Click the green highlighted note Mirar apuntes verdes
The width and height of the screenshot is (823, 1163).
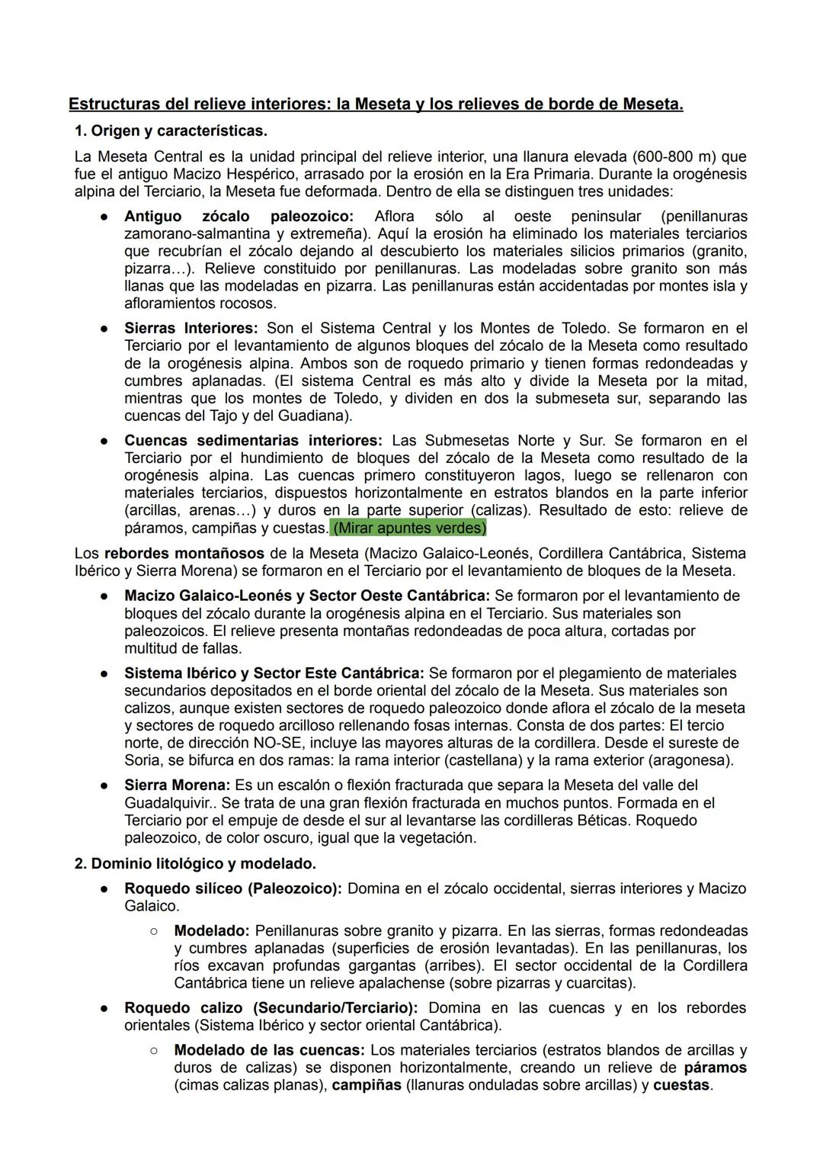[409, 528]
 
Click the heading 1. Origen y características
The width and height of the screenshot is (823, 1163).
[171, 131]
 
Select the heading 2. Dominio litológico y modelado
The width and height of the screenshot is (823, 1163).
[195, 863]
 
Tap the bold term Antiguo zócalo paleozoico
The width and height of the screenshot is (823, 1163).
[239, 216]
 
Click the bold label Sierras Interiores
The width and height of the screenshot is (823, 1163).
[191, 328]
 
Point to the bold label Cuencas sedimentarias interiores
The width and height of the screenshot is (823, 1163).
[253, 440]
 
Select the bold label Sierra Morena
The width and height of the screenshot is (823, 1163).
[177, 785]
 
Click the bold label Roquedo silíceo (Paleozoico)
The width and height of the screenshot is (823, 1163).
[233, 888]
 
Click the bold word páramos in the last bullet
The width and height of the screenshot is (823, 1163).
[715, 1068]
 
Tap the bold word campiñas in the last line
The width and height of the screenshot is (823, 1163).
[367, 1084]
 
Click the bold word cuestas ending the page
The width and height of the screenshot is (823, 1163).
[681, 1084]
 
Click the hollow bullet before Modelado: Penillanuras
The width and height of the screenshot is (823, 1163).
[154, 931]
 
